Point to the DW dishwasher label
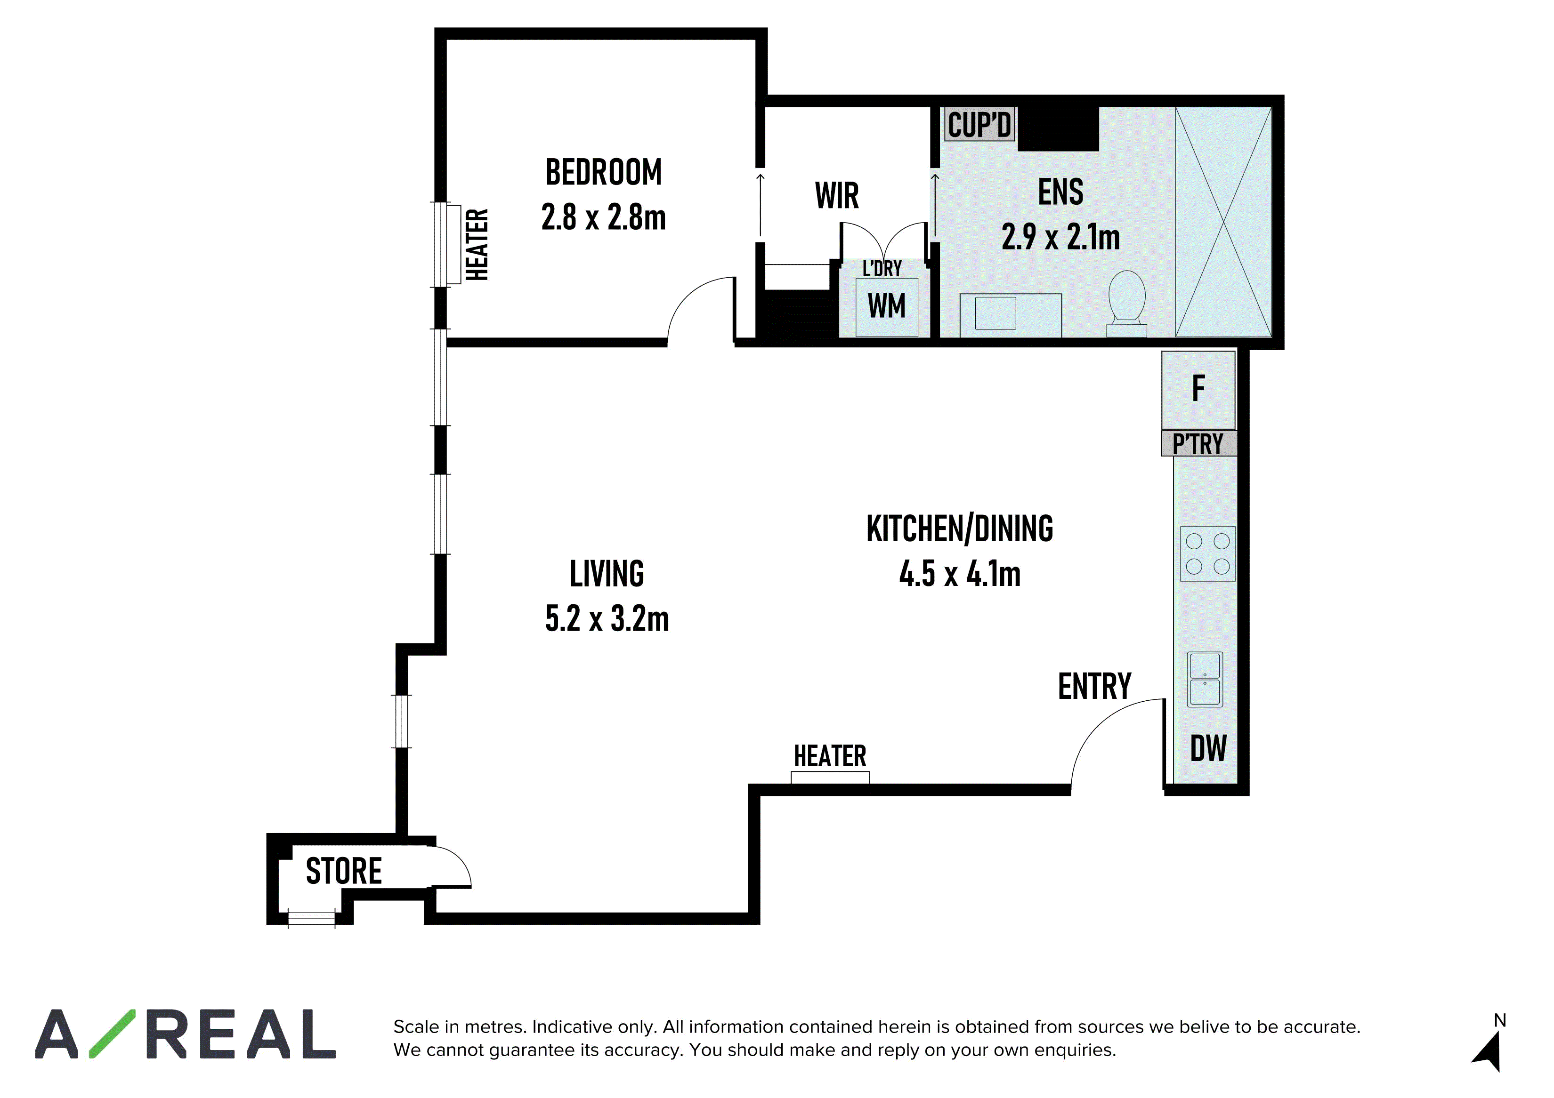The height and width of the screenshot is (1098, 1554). pyautogui.click(x=1208, y=748)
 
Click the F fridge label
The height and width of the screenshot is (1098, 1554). pyautogui.click(x=1198, y=388)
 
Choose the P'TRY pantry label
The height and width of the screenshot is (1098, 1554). pyautogui.click(x=1198, y=444)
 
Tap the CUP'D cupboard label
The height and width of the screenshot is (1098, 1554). pyautogui.click(x=979, y=125)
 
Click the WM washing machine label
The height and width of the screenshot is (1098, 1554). pyautogui.click(x=887, y=306)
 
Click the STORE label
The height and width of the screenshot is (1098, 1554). pyautogui.click(x=344, y=871)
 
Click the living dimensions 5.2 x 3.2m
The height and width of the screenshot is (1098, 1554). pyautogui.click(x=607, y=618)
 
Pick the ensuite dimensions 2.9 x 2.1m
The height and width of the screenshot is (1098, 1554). pyautogui.click(x=1060, y=237)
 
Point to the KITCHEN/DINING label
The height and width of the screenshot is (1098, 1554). pyautogui.click(x=960, y=529)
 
